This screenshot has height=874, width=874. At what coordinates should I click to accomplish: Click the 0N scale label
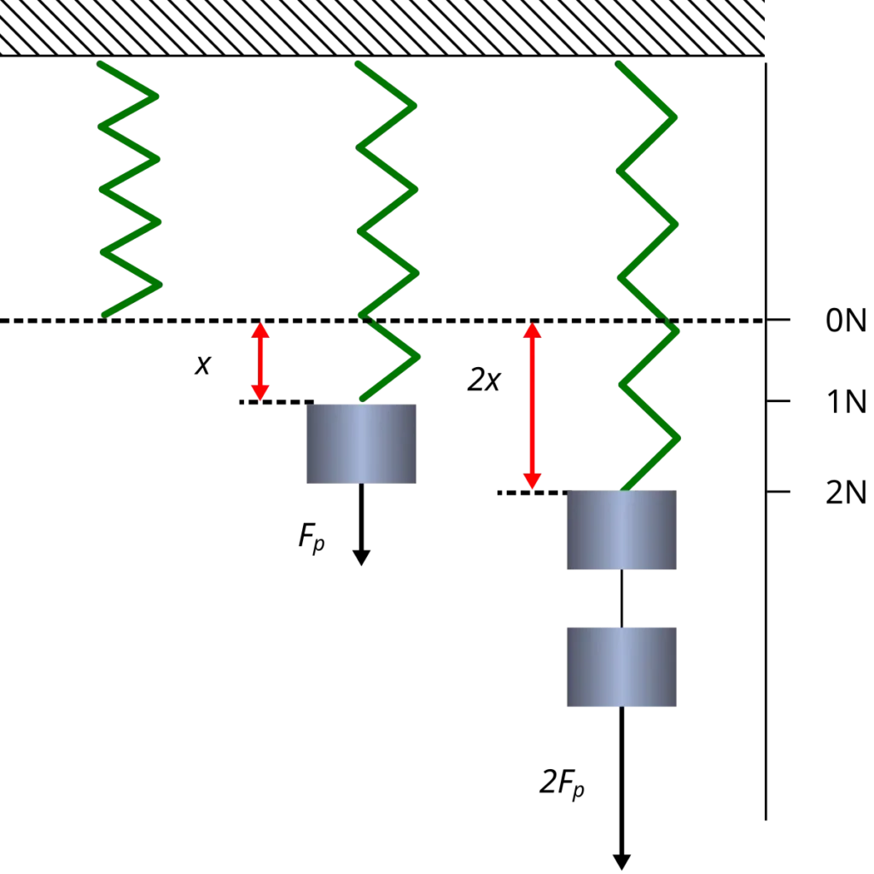tap(846, 321)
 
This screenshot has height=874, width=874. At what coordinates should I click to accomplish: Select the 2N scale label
tap(846, 492)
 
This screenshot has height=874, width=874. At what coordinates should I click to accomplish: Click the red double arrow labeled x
tap(260, 361)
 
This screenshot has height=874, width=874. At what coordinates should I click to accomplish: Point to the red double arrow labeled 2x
tap(533, 405)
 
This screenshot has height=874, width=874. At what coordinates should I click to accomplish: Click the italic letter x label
tap(203, 365)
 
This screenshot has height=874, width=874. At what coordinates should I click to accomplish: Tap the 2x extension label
tap(484, 380)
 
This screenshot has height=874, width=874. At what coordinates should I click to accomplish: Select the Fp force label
tap(312, 538)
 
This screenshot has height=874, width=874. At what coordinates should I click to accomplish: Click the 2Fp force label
tap(562, 783)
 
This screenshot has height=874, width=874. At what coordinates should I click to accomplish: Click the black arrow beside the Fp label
tap(361, 525)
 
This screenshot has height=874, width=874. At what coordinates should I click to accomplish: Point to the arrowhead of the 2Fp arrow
tap(621, 862)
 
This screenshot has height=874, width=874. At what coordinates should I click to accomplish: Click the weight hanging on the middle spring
tap(361, 444)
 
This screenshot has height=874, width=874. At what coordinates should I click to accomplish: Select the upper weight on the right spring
tap(621, 530)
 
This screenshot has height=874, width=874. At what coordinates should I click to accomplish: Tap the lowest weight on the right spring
tap(621, 667)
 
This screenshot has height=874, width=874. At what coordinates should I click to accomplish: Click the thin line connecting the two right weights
tap(621, 598)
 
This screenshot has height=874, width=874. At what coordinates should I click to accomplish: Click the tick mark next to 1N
tap(778, 401)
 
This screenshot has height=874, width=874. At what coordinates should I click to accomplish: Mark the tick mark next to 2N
tap(778, 492)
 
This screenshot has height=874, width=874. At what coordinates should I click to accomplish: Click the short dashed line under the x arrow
tap(277, 402)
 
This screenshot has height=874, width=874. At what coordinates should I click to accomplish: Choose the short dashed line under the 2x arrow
tap(534, 492)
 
